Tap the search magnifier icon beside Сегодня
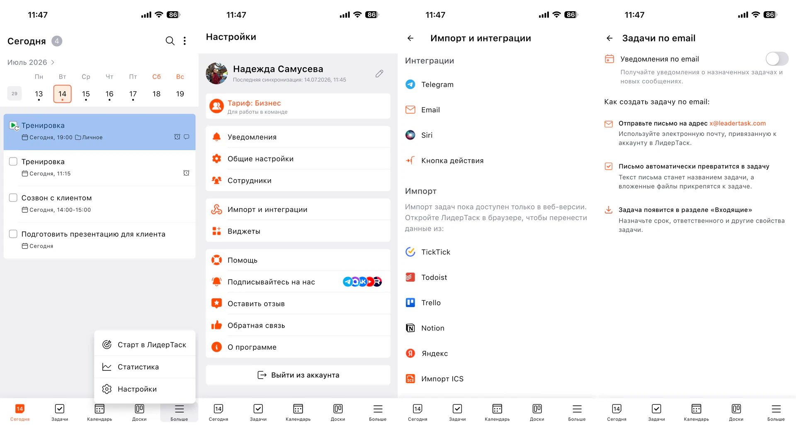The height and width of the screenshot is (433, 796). coord(170,41)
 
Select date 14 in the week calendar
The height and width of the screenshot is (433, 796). coord(62,94)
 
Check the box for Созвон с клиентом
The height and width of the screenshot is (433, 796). coord(13,198)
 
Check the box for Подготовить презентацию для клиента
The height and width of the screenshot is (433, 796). coord(13,234)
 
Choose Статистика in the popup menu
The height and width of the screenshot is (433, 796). coord(138,367)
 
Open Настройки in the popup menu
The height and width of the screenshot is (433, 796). coord(137,389)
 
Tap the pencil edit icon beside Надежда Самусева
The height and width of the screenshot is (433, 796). coord(379,73)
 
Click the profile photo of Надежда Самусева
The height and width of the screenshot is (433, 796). coord(216,73)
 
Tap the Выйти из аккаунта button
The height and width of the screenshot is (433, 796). coord(298,375)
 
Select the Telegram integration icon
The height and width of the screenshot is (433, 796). coord(410,84)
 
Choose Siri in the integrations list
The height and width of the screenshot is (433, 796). coord(427,135)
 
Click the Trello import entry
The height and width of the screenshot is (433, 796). coord(431,303)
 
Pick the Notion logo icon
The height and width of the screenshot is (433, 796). coord(410,328)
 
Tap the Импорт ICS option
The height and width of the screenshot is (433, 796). coord(442,379)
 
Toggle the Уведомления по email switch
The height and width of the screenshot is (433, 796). coord(777,59)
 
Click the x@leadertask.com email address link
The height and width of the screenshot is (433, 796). coord(738,123)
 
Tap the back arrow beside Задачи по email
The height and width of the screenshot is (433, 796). coord(609,38)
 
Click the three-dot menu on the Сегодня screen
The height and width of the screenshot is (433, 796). coord(185,41)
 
